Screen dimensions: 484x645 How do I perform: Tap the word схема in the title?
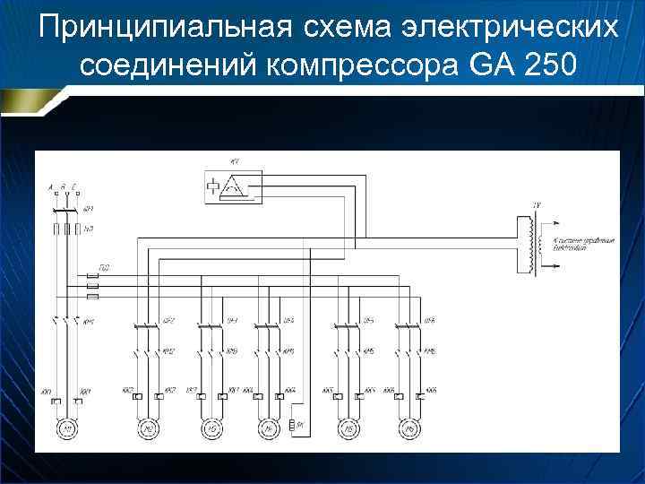[349, 28]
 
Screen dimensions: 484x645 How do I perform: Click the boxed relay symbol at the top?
[233, 186]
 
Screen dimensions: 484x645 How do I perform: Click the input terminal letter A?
[53, 186]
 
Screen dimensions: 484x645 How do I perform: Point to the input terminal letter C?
[77, 186]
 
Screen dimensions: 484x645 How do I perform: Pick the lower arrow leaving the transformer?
[554, 261]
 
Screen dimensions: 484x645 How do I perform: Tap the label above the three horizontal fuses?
[105, 267]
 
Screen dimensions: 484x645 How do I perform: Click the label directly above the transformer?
[536, 206]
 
